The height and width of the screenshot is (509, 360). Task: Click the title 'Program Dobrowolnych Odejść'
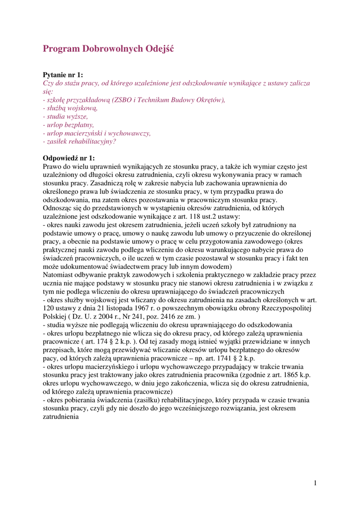click(x=108, y=49)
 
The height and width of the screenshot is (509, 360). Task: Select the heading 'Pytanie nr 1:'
click(x=63, y=75)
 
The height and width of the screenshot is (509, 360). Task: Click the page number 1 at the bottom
click(x=315, y=483)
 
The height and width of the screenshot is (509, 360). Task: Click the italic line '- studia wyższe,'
click(x=65, y=116)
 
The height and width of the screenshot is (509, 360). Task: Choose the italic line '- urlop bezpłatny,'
click(x=68, y=125)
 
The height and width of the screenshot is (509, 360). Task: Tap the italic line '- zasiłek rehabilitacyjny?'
click(x=79, y=141)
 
